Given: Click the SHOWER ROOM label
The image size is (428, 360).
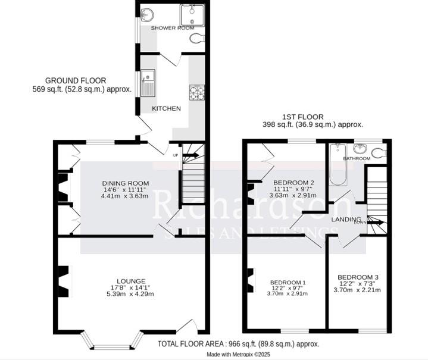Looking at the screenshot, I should [x=172, y=28].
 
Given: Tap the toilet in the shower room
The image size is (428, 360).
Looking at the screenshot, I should [x=198, y=39].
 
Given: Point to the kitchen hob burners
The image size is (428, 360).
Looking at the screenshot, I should [x=196, y=92].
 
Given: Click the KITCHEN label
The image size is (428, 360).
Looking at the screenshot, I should [x=166, y=108].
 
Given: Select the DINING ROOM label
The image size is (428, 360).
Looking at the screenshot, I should [x=125, y=183].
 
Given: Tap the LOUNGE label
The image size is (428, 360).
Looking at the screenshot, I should [x=132, y=281].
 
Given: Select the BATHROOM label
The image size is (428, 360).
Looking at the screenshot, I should [x=357, y=159].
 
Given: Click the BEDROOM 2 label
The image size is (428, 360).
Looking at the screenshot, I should [x=293, y=182].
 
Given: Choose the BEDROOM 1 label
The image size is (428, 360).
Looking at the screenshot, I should [x=288, y=282].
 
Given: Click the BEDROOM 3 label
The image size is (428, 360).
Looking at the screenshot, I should [x=358, y=277].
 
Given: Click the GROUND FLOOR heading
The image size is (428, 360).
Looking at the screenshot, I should [x=76, y=80].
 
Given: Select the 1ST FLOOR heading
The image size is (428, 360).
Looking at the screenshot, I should [x=303, y=117].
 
